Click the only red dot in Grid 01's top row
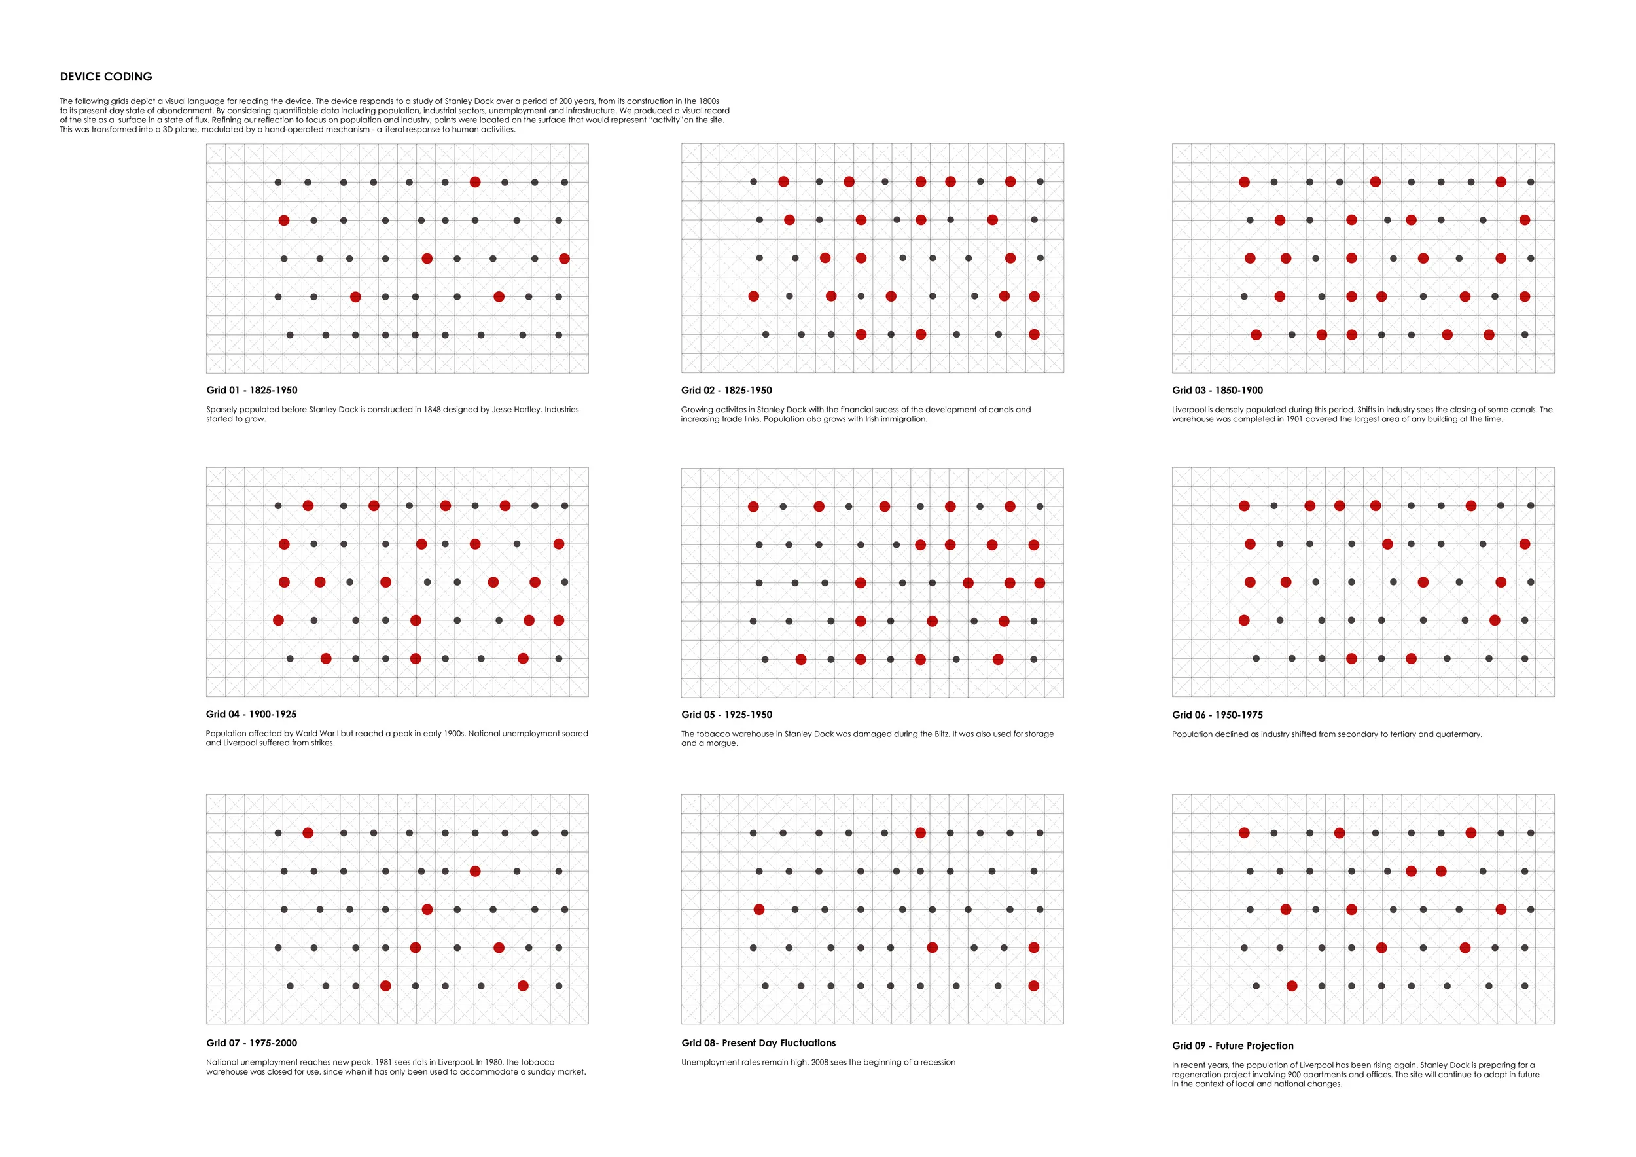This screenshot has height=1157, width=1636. click(475, 183)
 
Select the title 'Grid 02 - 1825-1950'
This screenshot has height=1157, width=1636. click(726, 391)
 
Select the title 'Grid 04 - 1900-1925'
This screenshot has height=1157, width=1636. click(251, 714)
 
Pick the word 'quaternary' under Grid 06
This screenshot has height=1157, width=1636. click(1461, 734)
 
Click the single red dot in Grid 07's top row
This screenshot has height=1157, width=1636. click(308, 833)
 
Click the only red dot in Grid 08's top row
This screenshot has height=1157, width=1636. click(921, 833)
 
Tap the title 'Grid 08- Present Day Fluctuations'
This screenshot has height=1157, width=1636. click(758, 1043)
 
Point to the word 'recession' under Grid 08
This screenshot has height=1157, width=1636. click(937, 1062)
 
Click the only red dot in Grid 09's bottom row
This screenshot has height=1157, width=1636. click(1292, 986)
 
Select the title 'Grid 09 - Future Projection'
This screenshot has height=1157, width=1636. click(1232, 1046)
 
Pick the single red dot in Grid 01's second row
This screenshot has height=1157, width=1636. click(284, 221)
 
